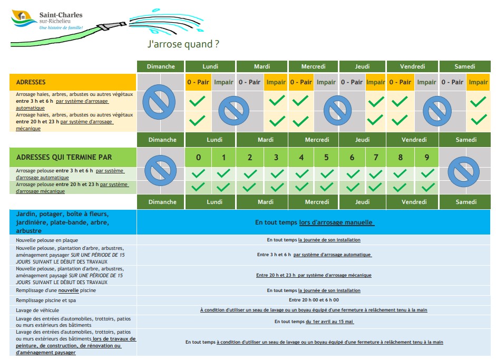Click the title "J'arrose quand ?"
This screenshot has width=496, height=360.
pyautogui.click(x=183, y=44)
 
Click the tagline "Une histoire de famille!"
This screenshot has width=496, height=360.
pyautogui.click(x=61, y=27)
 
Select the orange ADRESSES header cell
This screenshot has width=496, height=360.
pyautogui.click(x=73, y=82)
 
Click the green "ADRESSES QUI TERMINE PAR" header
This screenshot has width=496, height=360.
pyautogui.click(x=73, y=157)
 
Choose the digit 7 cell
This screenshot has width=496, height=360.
pyautogui.click(x=375, y=157)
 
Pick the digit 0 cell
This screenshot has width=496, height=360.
pyautogui.click(x=198, y=157)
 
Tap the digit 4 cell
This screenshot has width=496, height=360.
pyautogui.click(x=301, y=157)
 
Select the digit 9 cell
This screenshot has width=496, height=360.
pyautogui.click(x=426, y=157)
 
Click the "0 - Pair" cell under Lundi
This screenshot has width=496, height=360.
pyautogui.click(x=198, y=82)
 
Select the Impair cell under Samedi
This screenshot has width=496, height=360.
pyautogui.click(x=478, y=82)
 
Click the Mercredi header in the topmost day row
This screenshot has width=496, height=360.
pyautogui.click(x=313, y=66)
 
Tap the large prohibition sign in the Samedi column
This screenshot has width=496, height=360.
pyautogui.click(x=464, y=171)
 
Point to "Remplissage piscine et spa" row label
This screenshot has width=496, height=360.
pyautogui.click(x=47, y=300)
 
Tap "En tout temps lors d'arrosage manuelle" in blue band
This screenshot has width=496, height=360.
pyautogui.click(x=314, y=222)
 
